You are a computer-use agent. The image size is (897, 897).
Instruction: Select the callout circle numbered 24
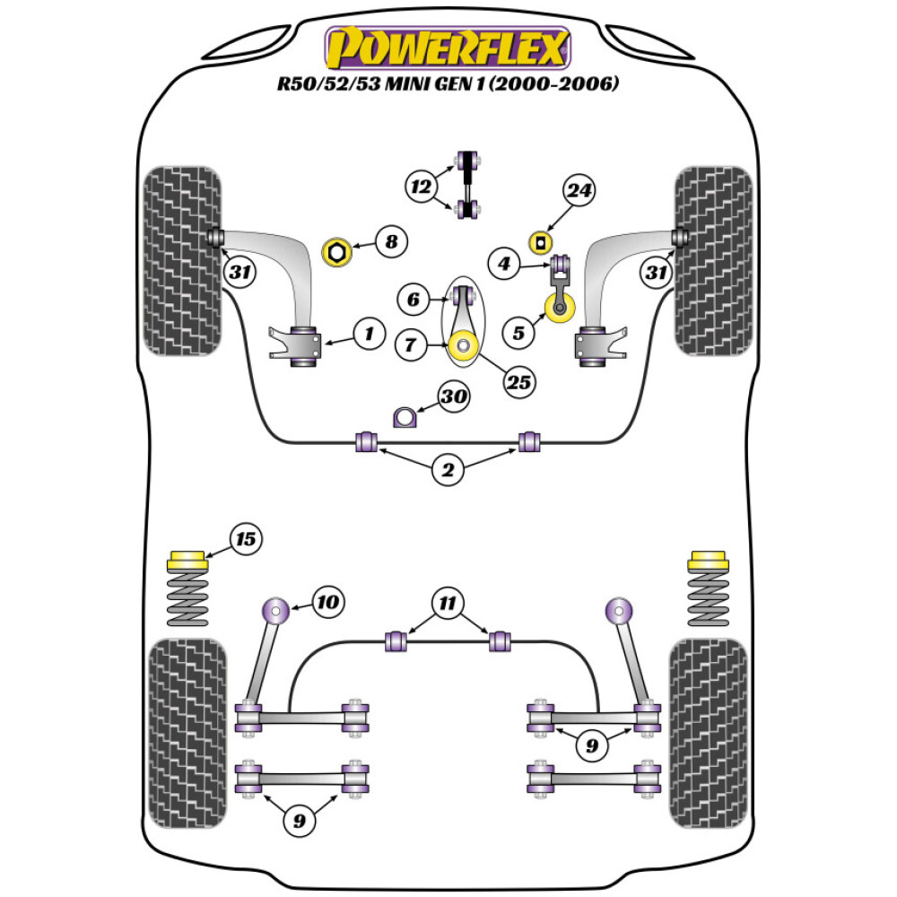(x=579, y=190)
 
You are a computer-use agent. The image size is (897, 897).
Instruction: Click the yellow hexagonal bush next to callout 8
(x=337, y=252)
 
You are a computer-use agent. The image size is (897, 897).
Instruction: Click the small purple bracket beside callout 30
(x=406, y=417)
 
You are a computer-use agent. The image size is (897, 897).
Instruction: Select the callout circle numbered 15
(x=245, y=539)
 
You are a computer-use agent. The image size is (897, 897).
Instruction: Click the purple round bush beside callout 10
(x=275, y=612)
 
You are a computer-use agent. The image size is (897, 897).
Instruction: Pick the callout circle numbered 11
(x=446, y=602)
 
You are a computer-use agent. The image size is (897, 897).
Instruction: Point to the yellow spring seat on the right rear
(x=707, y=562)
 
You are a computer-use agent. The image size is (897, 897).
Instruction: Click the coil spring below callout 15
(x=187, y=601)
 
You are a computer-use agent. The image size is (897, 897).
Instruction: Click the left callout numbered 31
(x=239, y=272)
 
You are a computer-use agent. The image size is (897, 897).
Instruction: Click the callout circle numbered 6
(x=414, y=300)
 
